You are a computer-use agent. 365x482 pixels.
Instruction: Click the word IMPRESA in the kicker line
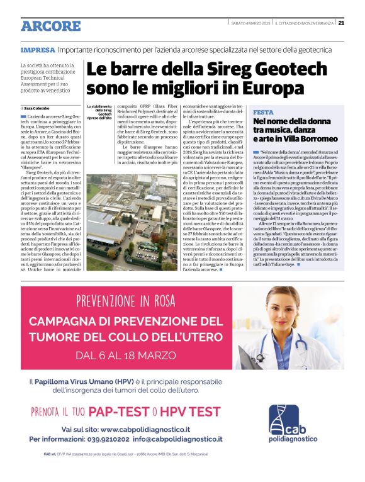point(37,50)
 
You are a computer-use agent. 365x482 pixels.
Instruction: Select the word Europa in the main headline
point(273,87)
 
